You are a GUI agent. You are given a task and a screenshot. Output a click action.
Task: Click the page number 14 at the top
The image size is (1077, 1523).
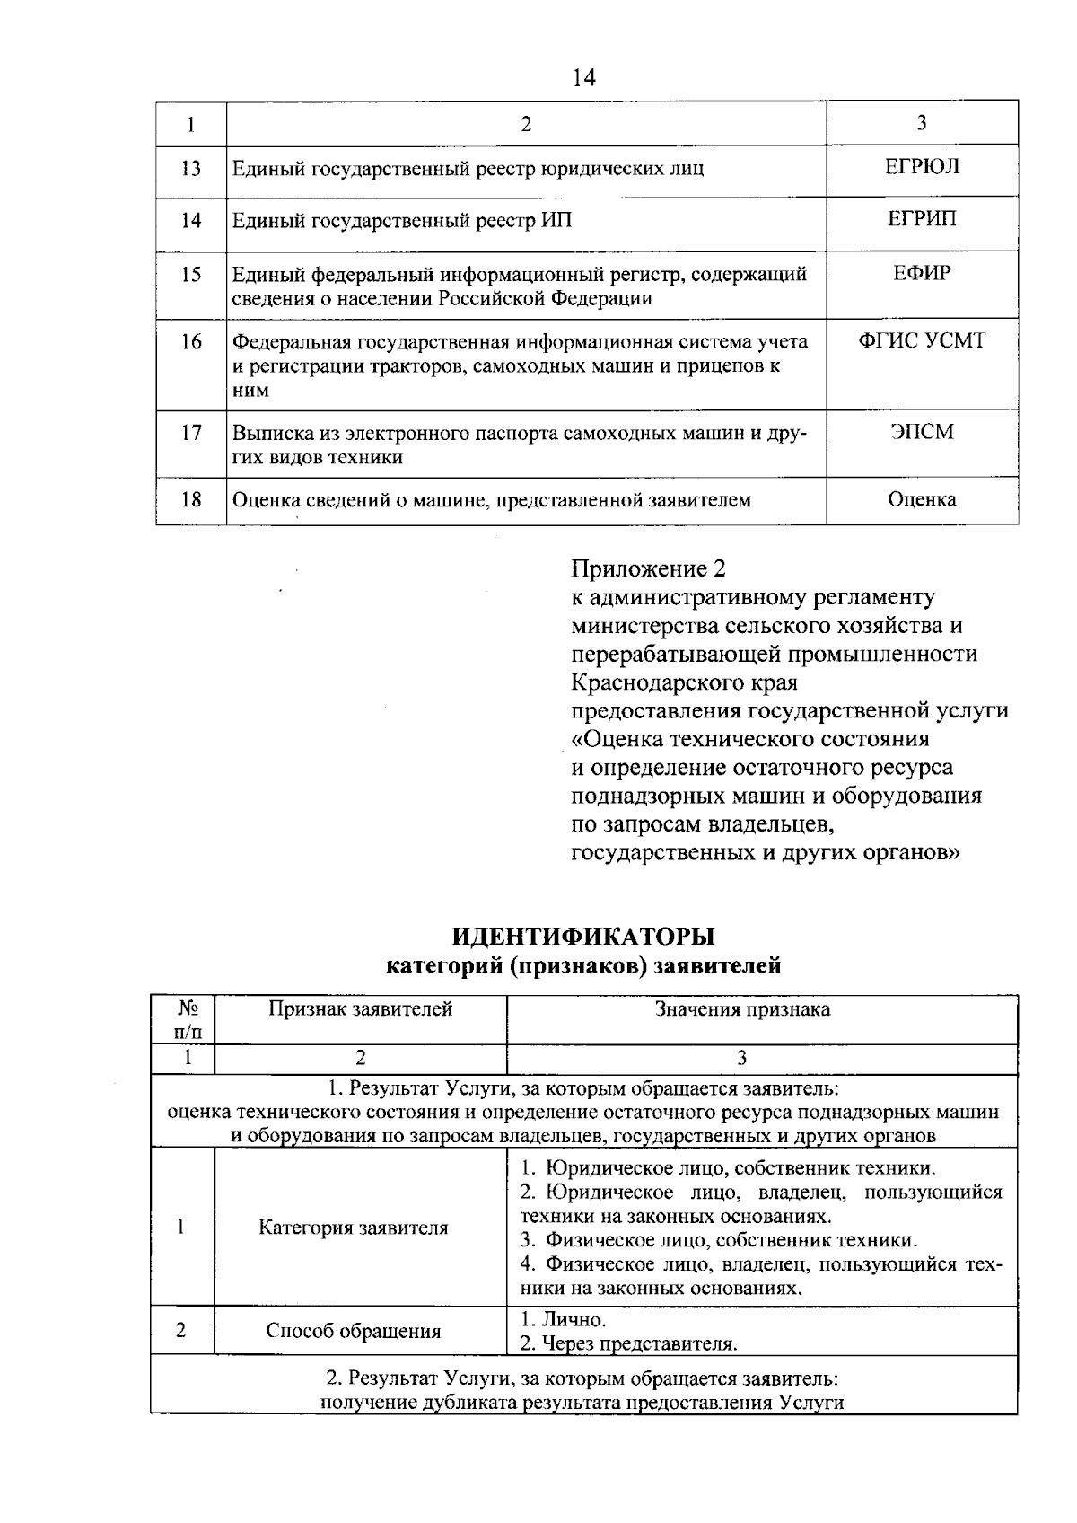[582, 78]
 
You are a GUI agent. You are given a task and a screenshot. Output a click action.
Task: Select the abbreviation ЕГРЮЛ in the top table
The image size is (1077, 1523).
[922, 167]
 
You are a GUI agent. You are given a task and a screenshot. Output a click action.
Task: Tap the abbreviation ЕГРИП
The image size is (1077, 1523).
[922, 219]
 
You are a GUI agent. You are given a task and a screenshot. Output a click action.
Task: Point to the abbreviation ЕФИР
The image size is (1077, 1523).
[922, 273]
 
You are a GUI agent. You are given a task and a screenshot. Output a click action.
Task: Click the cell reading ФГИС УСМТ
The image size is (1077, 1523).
[922, 341]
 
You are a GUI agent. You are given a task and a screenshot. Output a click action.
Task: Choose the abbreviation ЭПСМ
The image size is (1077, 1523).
[922, 433]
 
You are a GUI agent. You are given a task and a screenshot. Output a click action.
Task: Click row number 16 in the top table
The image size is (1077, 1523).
[191, 341]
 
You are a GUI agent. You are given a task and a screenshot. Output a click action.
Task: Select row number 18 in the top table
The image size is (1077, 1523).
[191, 499]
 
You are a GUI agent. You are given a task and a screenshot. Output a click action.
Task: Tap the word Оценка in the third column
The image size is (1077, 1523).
[922, 499]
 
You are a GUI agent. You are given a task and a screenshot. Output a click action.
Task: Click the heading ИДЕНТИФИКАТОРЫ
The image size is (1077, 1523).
[582, 936]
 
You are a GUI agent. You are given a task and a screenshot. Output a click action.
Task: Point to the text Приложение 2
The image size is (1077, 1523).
[648, 568]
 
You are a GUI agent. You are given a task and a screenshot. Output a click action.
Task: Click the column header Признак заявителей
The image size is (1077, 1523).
[361, 1008]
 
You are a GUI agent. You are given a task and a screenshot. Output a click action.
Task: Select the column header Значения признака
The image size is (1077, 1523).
[742, 1008]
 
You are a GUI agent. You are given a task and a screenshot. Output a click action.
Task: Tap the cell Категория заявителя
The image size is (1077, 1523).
[353, 1227]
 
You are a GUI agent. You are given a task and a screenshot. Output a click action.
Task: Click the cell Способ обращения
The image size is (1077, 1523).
[353, 1331]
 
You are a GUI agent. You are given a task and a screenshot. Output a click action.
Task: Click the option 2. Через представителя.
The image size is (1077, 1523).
[628, 1343]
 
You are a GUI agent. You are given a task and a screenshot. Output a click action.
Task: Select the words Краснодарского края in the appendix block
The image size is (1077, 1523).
[684, 682]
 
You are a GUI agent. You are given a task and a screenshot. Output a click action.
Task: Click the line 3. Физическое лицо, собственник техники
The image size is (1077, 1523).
[719, 1240]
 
